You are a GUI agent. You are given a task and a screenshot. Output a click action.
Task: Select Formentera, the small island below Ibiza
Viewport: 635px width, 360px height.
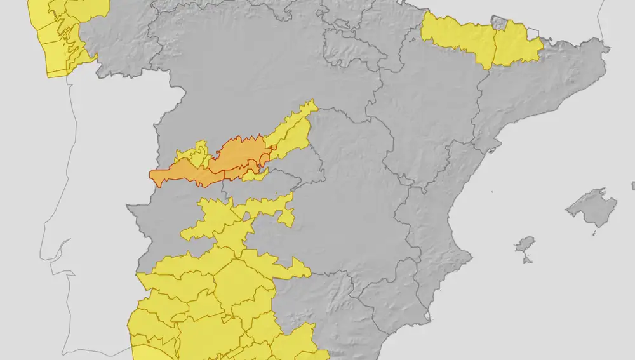pyautogui.click(x=526, y=260)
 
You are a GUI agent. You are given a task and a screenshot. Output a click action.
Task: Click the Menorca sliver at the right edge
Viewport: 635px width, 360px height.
pyautogui.click(x=633, y=186)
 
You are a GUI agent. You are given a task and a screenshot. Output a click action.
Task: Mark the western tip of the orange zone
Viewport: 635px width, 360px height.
pyautogui.click(x=151, y=173)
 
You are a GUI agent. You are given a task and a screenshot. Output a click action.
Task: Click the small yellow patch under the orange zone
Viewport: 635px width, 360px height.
pyautogui.click(x=253, y=174)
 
